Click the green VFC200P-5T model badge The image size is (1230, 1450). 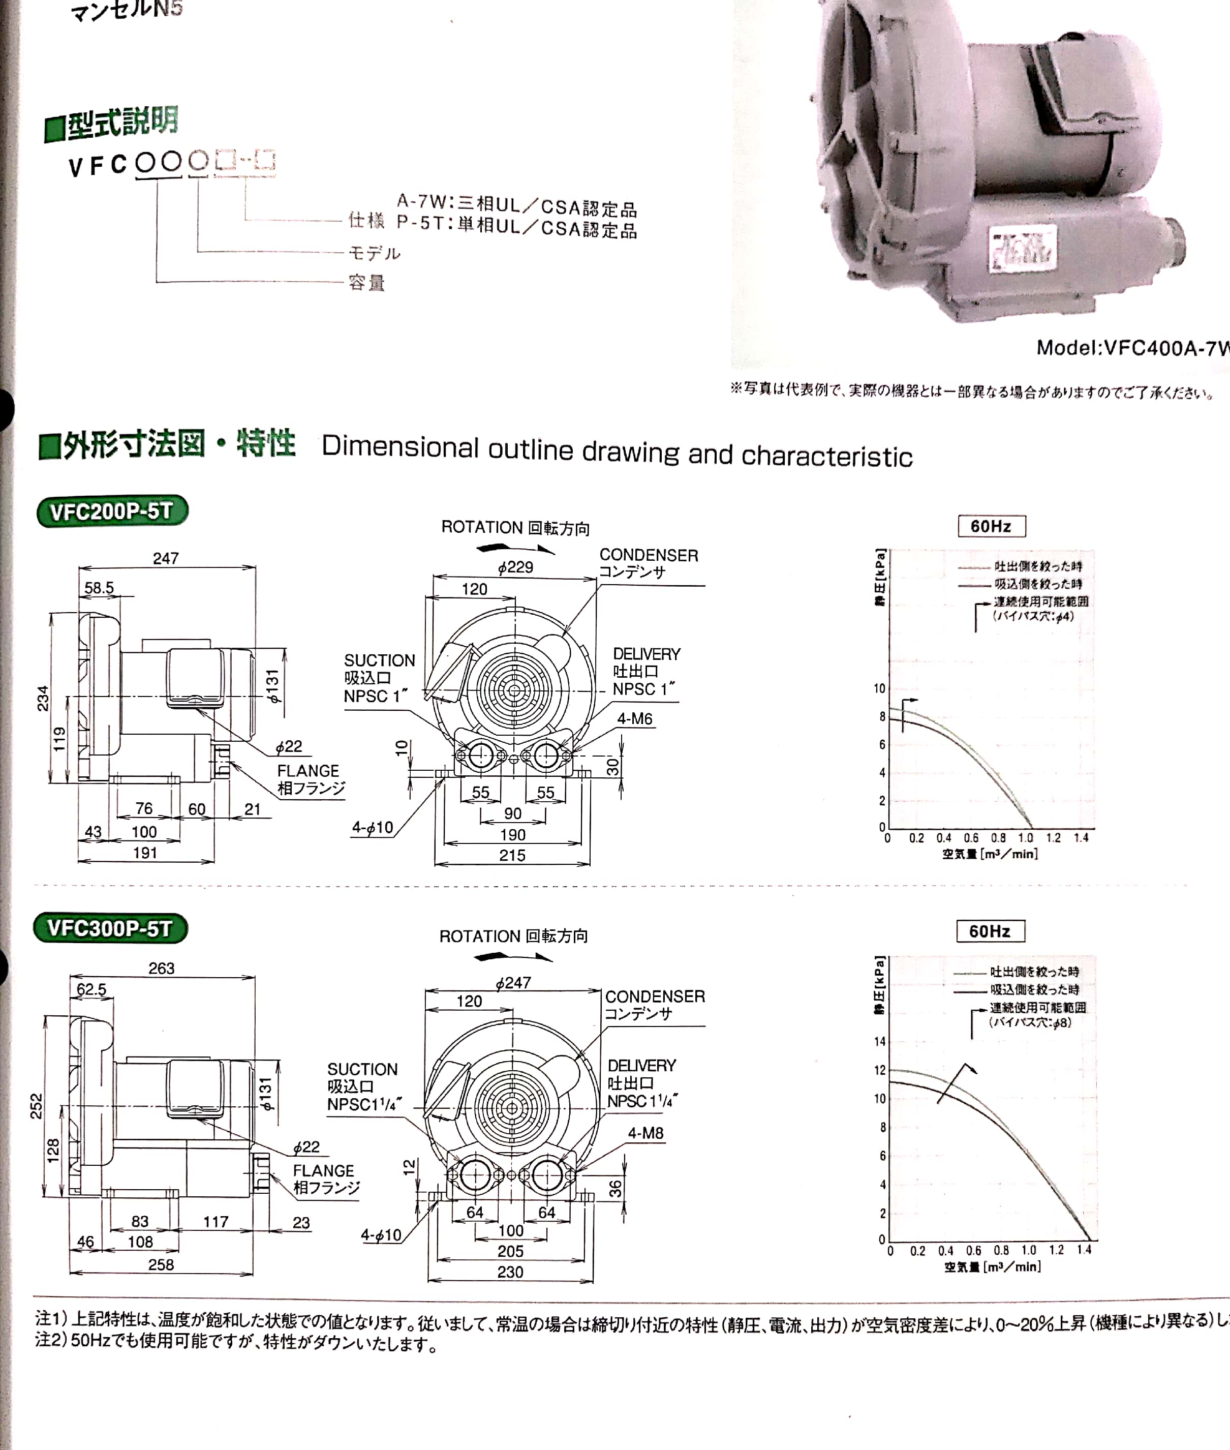[x=112, y=511]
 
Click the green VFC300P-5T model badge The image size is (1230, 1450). [x=110, y=928]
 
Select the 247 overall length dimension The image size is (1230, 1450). [x=166, y=558]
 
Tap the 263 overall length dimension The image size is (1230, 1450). [x=161, y=968]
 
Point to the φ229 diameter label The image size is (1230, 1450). [x=515, y=567]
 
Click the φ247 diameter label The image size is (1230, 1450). [x=513, y=983]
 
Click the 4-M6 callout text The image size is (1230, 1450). [x=634, y=719]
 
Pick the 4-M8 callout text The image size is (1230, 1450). [x=645, y=1133]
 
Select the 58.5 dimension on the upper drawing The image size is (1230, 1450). [x=99, y=588]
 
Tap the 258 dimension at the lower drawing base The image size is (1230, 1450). [x=161, y=1264]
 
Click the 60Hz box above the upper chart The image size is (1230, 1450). [x=991, y=527]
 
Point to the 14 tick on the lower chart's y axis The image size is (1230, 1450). [x=879, y=1042]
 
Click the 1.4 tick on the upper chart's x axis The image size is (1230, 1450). [x=1081, y=838]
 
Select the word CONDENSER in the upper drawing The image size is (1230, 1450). [x=649, y=555]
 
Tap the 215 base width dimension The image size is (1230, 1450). [x=512, y=856]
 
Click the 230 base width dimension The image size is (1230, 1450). [x=510, y=1272]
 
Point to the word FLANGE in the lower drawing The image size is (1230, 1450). [x=324, y=1171]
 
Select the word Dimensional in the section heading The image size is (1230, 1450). [x=399, y=447]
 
